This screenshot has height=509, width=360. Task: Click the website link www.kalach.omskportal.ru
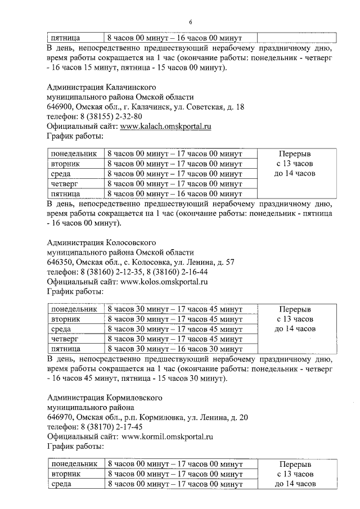click(x=165, y=127)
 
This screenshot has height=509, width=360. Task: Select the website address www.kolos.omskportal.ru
click(x=164, y=282)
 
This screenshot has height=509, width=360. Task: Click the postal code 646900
click(x=60, y=107)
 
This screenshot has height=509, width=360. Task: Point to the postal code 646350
click(x=60, y=262)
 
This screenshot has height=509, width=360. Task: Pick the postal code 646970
click(x=60, y=417)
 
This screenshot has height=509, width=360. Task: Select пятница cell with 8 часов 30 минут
click(x=65, y=349)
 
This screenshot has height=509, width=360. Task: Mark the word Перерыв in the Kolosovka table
click(x=295, y=309)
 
